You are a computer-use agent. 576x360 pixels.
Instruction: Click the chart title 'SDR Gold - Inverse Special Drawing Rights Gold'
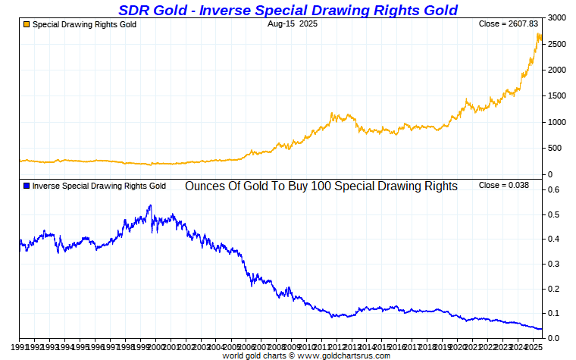coord(288,10)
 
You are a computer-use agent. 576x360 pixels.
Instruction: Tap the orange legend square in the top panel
coord(27,24)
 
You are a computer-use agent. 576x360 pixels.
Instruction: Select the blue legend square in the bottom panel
coord(27,186)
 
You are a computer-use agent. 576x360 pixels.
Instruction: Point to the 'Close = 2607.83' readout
coord(504,24)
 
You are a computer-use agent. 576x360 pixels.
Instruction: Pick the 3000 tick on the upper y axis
coord(557,17)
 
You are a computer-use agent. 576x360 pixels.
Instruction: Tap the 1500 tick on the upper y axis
coord(557,96)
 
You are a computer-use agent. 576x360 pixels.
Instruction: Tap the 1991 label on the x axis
coord(19,346)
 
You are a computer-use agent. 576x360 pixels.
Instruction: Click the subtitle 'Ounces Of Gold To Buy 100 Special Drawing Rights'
coord(321,186)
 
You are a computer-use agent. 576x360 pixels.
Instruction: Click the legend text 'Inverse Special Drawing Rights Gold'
coord(99,186)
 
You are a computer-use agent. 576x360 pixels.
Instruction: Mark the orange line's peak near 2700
coord(538,33)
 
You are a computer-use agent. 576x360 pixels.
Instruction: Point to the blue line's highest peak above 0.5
coord(150,205)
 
